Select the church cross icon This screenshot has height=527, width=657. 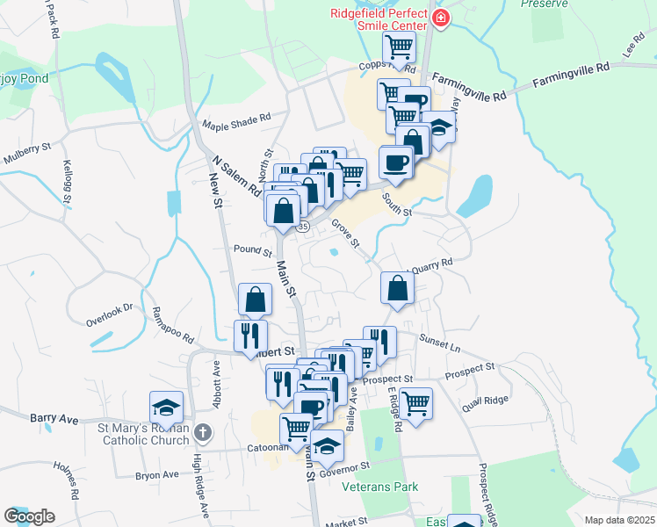[x=203, y=432]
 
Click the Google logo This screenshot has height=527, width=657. [x=29, y=516]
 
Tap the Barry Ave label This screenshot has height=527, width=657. [x=54, y=419]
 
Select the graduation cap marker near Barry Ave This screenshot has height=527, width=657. [x=166, y=406]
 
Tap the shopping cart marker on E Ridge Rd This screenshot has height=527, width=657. [x=415, y=403]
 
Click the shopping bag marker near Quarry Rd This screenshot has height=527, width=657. [x=398, y=286]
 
